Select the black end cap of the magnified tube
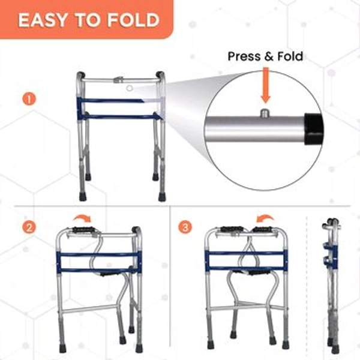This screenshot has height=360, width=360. point(314,128)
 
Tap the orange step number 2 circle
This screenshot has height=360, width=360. point(27,228)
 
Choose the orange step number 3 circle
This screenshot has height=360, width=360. point(186,228)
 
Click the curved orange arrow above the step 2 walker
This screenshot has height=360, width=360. point(81,221)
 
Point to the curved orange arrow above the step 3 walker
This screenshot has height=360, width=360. point(265,220)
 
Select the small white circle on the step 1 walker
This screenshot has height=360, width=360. point(129,88)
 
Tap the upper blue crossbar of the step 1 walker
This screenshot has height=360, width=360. point(120,100)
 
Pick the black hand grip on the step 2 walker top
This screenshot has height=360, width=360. point(83,230)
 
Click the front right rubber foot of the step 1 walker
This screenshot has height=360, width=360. point(161,196)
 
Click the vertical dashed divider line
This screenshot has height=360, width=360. point(308,282)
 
